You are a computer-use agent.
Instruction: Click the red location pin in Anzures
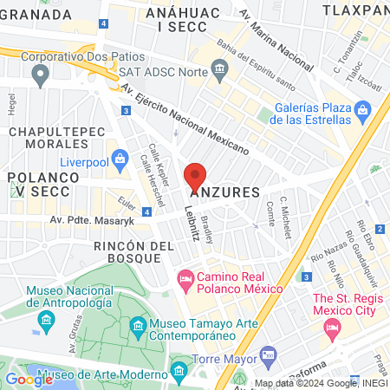196,176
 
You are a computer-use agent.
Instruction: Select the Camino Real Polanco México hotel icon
185,279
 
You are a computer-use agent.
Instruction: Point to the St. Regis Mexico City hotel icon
329,328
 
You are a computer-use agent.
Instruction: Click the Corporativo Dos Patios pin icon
39,76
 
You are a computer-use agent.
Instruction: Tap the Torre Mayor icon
269,355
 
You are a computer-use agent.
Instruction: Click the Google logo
29,379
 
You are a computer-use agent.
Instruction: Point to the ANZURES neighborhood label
224,191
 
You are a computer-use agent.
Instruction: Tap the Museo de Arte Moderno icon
179,374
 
